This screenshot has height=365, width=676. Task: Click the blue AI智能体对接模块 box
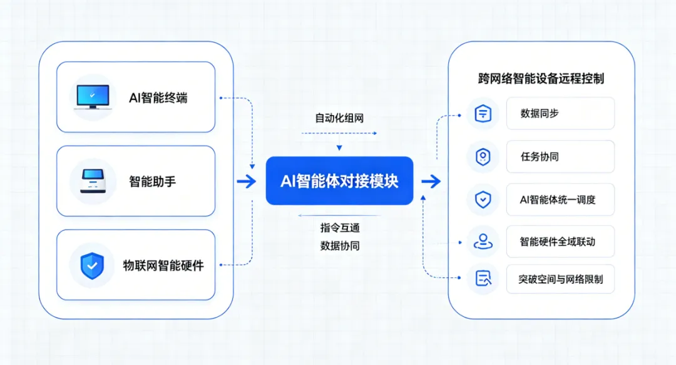click(x=339, y=181)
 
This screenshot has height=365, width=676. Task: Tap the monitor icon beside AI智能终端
click(x=93, y=97)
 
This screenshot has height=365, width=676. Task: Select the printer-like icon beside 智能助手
click(x=93, y=181)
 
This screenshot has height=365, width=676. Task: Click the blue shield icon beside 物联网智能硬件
click(x=92, y=266)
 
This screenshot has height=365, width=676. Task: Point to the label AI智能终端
click(x=158, y=98)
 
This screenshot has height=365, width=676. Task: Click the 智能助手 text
click(x=153, y=182)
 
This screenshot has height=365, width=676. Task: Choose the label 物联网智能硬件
click(x=163, y=266)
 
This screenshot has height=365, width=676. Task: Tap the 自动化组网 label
click(x=339, y=118)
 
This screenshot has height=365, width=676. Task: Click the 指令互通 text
click(x=340, y=227)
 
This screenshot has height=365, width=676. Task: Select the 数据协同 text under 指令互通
click(x=340, y=246)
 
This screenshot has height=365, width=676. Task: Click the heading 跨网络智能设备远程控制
click(x=541, y=79)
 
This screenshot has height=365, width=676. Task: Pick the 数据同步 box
click(x=560, y=113)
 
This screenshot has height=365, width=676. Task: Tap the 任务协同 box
click(x=560, y=157)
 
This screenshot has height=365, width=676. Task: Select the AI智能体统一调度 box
click(x=560, y=200)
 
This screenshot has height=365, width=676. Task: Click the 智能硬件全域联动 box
click(x=560, y=241)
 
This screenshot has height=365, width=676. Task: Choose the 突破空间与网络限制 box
click(x=560, y=279)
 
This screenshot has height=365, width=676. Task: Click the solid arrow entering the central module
click(x=247, y=181)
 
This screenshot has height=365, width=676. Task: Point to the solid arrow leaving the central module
click(x=431, y=181)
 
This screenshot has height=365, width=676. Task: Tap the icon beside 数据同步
click(x=483, y=114)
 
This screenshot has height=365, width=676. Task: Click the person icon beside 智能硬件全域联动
click(x=483, y=241)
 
